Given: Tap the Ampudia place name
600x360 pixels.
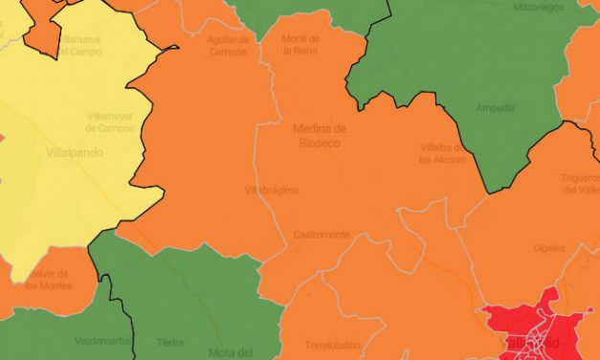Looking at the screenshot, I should [495, 107].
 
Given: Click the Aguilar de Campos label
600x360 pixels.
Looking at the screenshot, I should [229, 45].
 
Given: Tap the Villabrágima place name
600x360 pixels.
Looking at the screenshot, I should [272, 190].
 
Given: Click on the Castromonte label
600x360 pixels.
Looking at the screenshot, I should [322, 235].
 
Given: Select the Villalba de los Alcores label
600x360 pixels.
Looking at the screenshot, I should [442, 153].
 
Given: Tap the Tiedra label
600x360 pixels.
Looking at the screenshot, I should [170, 342].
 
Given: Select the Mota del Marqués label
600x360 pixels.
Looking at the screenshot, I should [230, 350].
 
